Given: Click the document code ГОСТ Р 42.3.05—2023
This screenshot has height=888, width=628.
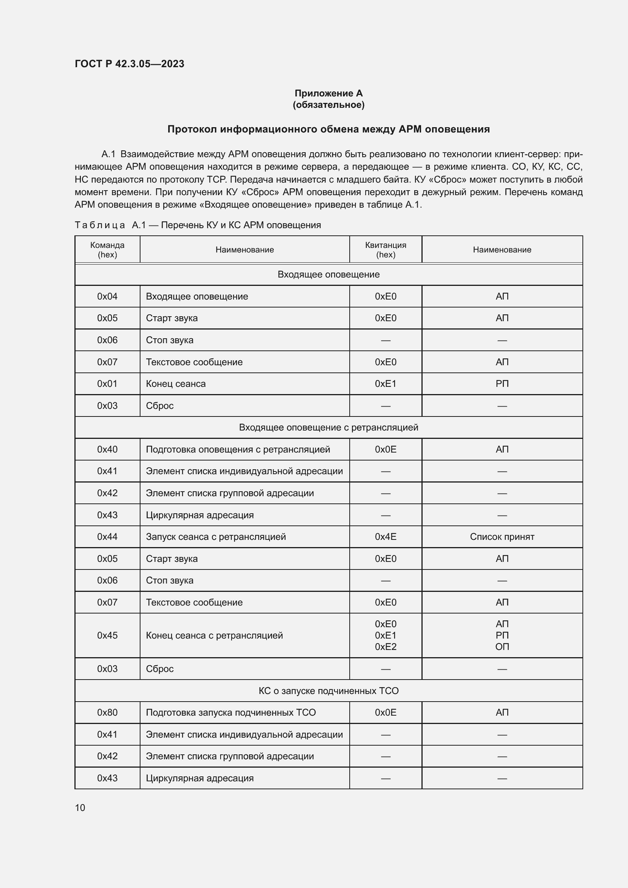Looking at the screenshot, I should click(129, 64).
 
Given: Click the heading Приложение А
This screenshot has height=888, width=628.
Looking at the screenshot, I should click(328, 93).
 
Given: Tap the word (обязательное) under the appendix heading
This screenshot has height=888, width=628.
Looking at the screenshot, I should click(328, 105).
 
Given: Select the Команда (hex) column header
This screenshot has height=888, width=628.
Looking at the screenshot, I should click(107, 250).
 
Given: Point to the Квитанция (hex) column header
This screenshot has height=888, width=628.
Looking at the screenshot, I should click(385, 250).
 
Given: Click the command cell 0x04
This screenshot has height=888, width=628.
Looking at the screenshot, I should click(107, 296).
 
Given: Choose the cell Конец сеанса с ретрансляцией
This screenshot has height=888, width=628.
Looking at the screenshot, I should click(214, 636).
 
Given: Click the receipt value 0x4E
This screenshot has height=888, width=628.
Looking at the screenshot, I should click(385, 537).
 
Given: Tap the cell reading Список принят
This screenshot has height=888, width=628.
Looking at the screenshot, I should click(502, 537).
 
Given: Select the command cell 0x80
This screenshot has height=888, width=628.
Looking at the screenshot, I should click(107, 712).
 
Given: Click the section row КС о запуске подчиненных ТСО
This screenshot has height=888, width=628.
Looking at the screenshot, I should click(328, 691).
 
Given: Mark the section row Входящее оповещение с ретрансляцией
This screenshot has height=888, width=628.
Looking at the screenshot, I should click(328, 427).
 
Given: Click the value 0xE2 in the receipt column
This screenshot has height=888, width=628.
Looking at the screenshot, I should click(385, 647).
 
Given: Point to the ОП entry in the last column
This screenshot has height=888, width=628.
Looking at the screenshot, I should click(502, 647).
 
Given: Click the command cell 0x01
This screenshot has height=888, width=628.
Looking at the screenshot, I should click(107, 384).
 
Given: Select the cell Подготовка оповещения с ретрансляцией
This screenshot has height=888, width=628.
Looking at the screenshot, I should click(238, 450).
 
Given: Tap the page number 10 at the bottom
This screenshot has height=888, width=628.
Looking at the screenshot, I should click(80, 808).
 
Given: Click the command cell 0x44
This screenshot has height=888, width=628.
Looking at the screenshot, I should click(107, 537).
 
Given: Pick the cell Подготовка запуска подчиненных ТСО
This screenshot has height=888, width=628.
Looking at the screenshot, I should click(230, 712).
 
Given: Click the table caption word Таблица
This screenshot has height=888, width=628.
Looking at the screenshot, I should click(100, 225).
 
